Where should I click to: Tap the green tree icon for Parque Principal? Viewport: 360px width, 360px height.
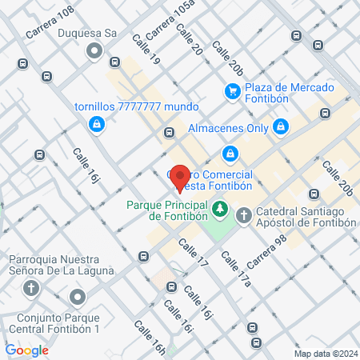pos(218,210)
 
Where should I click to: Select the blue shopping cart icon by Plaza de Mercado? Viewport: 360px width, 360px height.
pos(232,92)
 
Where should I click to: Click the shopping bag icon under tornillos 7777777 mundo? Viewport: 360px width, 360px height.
pos(96,124)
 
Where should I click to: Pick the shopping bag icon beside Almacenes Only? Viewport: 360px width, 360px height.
pos(280,126)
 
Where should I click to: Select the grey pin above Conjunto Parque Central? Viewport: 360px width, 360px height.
pos(77,298)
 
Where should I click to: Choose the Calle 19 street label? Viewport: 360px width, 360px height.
pos(146,50)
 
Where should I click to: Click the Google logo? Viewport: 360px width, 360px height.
pos(26,350)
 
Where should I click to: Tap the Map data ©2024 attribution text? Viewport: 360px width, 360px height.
pos(324,353)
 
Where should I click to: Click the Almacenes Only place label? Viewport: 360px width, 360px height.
pos(227,127)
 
